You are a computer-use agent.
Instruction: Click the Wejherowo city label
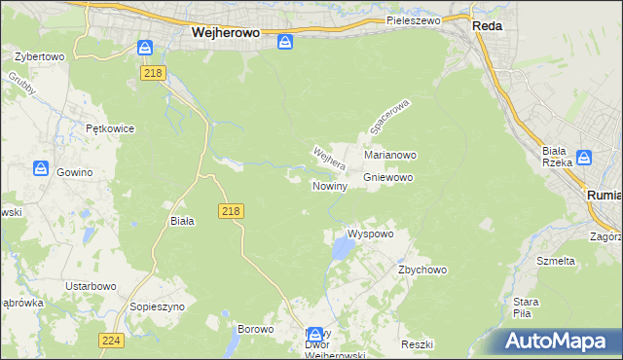224,31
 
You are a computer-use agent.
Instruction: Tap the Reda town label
487,26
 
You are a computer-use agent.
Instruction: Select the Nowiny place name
329,186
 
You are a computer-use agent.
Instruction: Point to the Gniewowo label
389,178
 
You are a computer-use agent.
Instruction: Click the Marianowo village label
390,155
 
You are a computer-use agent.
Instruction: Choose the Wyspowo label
371,234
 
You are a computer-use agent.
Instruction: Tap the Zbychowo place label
421,270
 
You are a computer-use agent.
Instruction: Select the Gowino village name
74,172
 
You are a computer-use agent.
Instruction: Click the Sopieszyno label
158,306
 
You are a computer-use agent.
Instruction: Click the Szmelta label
557,261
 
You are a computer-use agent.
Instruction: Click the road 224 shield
111,340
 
